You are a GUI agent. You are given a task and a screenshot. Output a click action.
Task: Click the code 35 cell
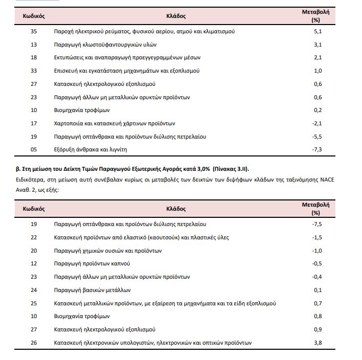[34, 31]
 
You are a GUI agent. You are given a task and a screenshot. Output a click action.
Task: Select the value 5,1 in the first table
[318, 31]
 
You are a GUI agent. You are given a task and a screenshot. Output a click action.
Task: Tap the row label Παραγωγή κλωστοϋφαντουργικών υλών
[105, 44]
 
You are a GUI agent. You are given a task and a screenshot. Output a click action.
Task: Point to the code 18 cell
[34, 58]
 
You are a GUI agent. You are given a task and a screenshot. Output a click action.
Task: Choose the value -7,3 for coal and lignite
[317, 149]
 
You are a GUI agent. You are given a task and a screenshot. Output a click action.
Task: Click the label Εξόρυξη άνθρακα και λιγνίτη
[90, 149]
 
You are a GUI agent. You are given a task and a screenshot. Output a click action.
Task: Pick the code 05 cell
[34, 149]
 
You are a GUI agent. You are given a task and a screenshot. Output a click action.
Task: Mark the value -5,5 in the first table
[317, 137]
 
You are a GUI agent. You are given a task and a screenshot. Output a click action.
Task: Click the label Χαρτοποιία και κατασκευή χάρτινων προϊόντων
[115, 123]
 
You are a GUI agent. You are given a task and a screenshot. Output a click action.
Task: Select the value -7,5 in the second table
[317, 224]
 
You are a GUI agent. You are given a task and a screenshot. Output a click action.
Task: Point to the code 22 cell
[34, 237]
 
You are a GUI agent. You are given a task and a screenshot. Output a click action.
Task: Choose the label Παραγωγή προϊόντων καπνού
[92, 263]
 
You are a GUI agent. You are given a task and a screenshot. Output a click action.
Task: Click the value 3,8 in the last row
[318, 342]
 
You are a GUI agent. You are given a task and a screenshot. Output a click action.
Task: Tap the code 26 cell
[34, 342]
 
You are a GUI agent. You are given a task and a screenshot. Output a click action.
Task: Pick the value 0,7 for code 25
[318, 303]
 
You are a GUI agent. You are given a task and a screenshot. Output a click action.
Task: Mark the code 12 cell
[34, 263]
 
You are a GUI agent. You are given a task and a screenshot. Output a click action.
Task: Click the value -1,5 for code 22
[317, 237]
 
